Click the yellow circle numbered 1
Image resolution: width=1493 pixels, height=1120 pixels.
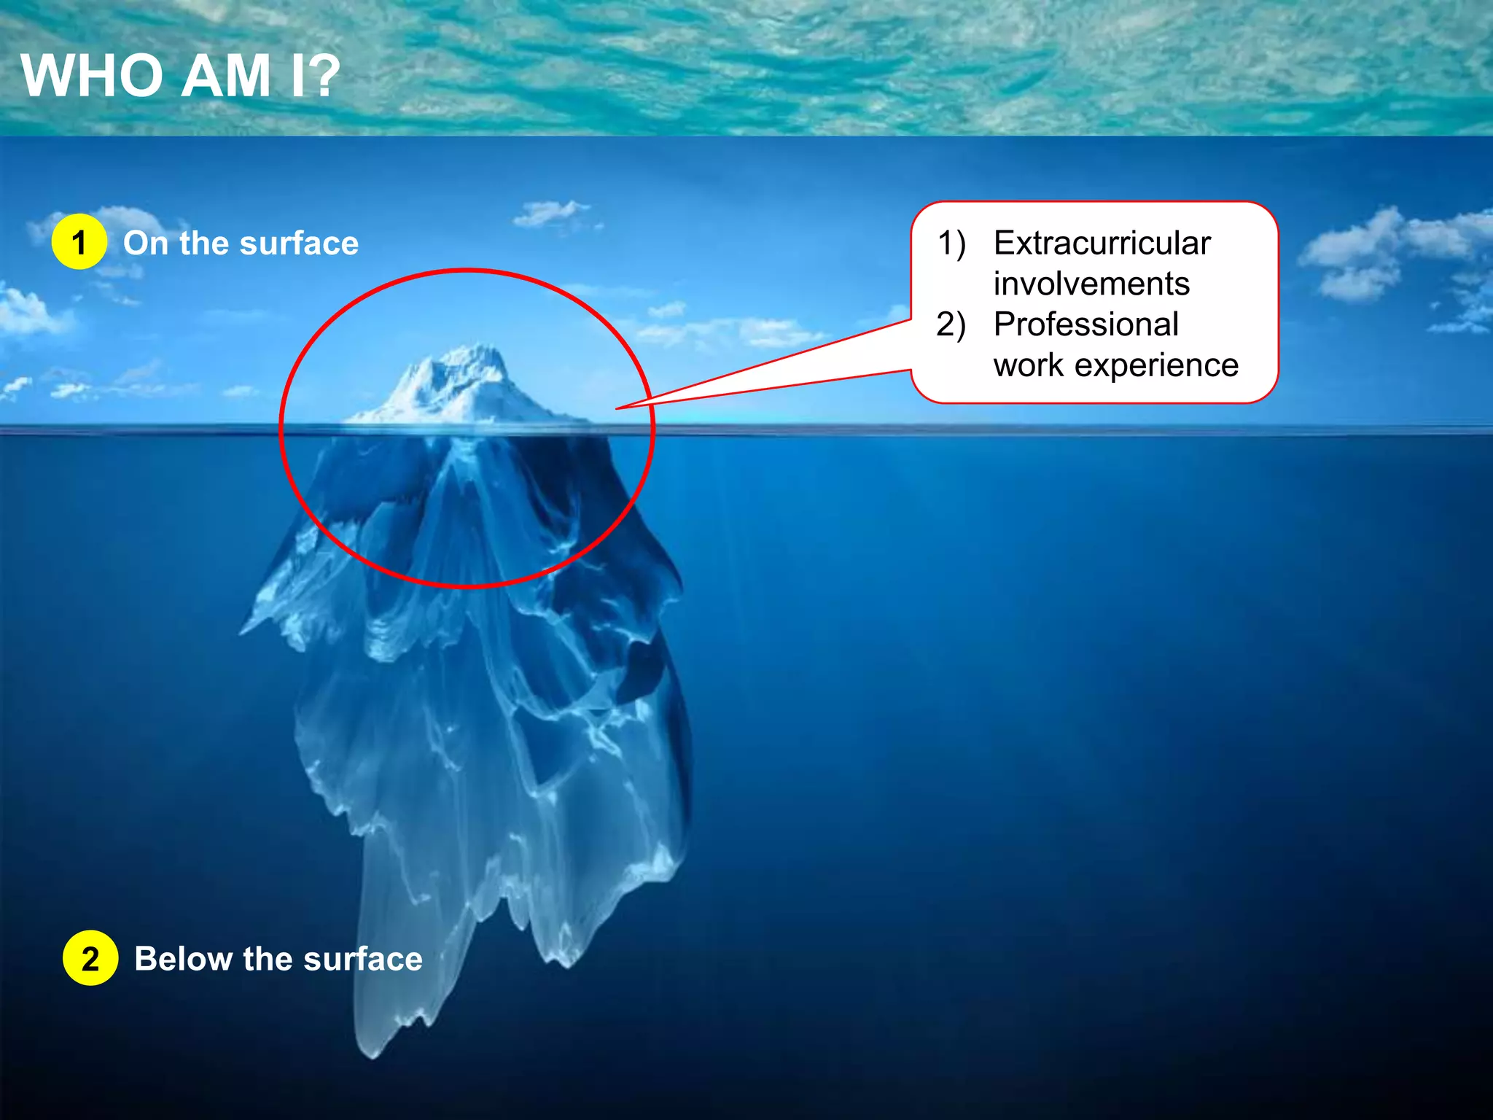(79, 242)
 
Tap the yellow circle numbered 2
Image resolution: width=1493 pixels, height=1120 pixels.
(90, 958)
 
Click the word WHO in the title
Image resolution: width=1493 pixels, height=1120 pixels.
(92, 76)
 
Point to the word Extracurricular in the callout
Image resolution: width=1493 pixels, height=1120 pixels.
(1102, 243)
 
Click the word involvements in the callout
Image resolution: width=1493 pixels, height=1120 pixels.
(1091, 284)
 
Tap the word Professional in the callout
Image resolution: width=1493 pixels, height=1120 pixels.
(1086, 324)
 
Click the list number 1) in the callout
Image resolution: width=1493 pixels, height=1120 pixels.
(951, 243)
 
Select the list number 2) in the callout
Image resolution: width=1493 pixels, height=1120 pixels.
(951, 324)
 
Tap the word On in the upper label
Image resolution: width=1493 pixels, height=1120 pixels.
(145, 243)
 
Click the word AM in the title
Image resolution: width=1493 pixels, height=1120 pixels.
(226, 76)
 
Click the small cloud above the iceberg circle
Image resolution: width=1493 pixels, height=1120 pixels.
(551, 213)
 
